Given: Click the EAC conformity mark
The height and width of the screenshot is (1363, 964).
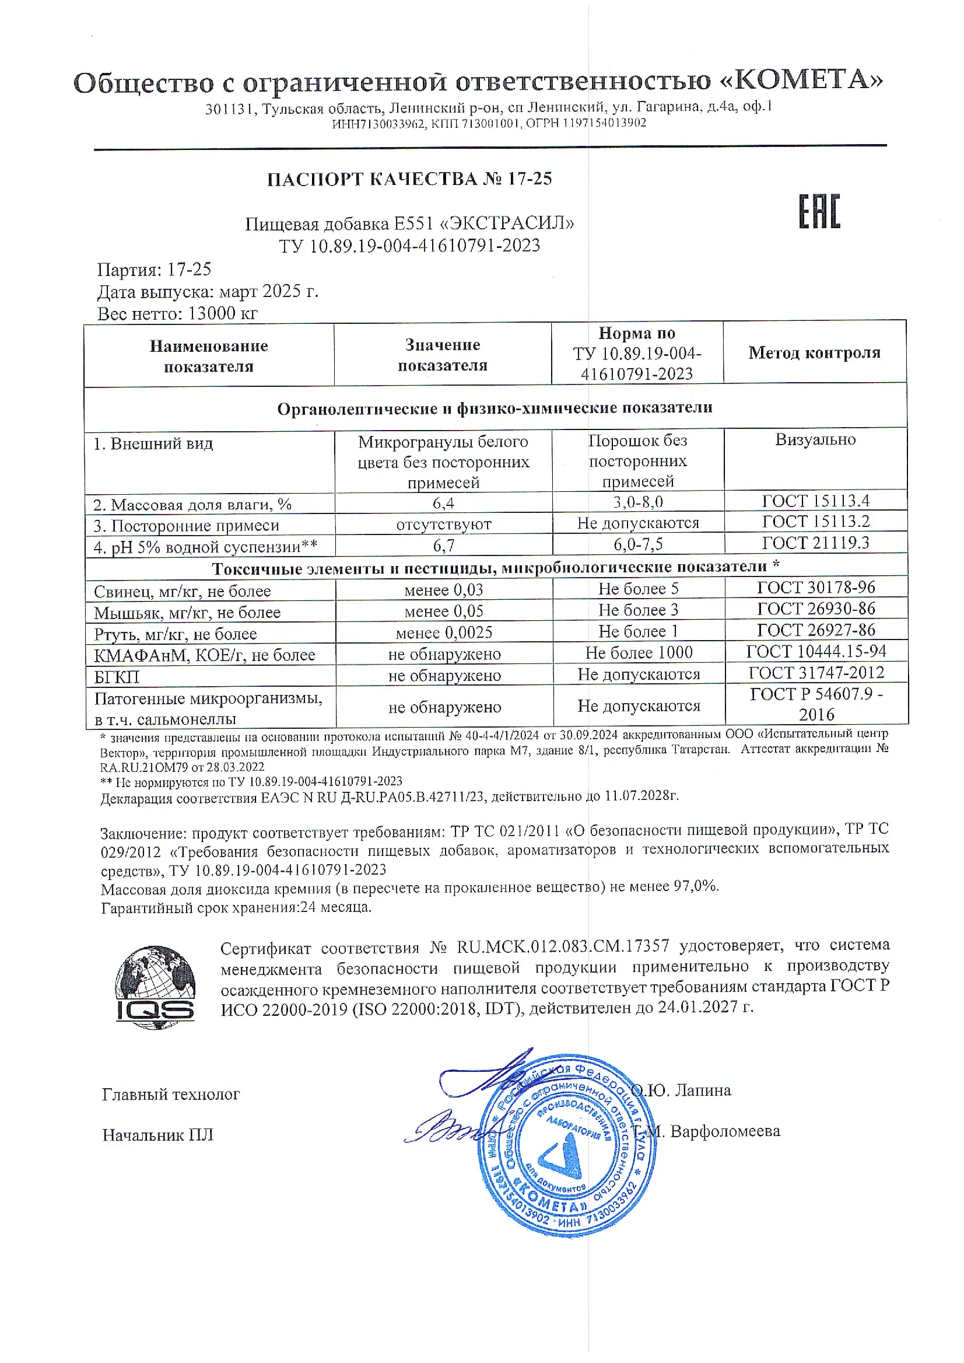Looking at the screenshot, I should point(819,211).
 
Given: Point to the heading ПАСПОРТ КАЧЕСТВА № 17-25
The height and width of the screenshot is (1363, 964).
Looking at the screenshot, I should point(409,179).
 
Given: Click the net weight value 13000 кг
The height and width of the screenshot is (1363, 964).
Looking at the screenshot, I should point(222,313).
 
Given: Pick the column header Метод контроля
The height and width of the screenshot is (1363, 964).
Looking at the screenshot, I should point(814,353).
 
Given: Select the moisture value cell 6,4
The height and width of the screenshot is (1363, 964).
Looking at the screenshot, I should point(443,504).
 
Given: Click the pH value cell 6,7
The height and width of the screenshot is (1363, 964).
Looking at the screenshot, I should point(443,545).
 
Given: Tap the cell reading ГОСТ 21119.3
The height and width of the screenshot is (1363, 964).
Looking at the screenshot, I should point(816,543).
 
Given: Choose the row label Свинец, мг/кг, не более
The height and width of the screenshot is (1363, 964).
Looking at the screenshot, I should point(182,591).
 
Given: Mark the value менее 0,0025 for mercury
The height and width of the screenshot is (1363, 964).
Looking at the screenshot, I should point(444,632).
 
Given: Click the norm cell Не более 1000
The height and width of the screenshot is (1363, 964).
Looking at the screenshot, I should point(639,653).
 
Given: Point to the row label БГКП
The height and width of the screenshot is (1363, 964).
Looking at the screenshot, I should point(117,676).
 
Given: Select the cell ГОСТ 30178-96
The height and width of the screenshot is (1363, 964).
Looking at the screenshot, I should point(816,588).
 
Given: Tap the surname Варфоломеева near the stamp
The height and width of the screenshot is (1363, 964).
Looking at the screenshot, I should point(725,1131).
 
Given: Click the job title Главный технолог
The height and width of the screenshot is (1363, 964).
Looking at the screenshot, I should point(171,1094).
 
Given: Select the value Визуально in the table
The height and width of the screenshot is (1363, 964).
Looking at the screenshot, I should point(816,439).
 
